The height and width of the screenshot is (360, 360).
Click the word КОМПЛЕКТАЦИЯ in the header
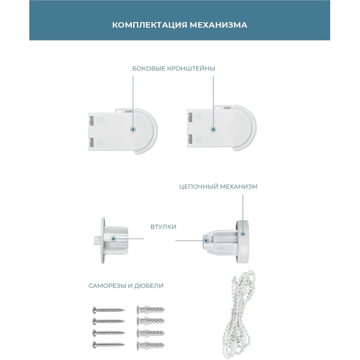point(149,25)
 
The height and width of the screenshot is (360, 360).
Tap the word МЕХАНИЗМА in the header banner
point(218,25)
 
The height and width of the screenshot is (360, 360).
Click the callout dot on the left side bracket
point(133,130)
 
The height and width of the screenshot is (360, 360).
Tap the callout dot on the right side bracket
point(213,130)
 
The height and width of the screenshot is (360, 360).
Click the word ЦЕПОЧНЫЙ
point(198,186)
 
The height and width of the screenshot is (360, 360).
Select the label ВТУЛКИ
point(163,227)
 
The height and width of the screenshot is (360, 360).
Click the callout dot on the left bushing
point(113,239)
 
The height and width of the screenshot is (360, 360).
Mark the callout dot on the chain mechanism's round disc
point(243,234)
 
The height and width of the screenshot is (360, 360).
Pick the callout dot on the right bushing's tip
point(206,241)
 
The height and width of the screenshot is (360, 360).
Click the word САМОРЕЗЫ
point(107,286)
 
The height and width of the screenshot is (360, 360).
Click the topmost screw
point(108,310)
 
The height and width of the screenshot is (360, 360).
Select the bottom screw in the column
point(108,344)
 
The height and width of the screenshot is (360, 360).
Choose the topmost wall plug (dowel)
point(151,310)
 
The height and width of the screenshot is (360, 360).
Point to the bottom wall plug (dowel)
point(151,344)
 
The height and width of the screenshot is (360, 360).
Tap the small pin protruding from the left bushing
point(98,240)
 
